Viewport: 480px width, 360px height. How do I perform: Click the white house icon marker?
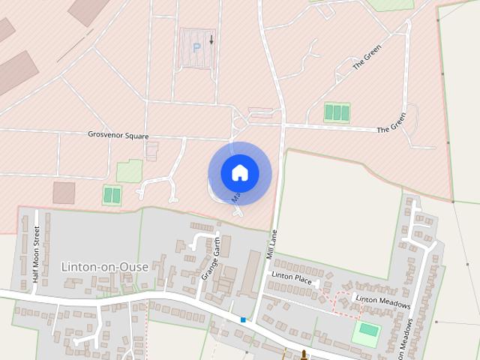click(x=239, y=172)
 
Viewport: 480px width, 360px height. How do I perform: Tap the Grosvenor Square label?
click(x=118, y=136)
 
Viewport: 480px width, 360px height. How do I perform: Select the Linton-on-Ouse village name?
click(x=105, y=266)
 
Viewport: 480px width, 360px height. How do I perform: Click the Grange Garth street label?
click(x=210, y=259)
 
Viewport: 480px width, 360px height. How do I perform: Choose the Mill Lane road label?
click(x=271, y=244)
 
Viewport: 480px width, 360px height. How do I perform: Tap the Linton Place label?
click(x=292, y=277)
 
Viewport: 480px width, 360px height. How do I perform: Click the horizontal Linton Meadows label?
click(x=383, y=302)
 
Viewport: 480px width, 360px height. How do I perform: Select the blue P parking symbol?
click(x=197, y=46)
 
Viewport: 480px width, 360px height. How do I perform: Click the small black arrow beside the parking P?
click(x=211, y=39)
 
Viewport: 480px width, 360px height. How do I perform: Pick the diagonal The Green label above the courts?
click(x=367, y=58)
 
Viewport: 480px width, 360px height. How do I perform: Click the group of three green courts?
click(x=337, y=112)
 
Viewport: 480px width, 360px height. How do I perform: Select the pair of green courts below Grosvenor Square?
click(x=112, y=195)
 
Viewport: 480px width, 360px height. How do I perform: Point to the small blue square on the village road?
click(x=243, y=320)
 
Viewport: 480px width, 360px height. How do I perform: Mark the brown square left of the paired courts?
click(x=64, y=193)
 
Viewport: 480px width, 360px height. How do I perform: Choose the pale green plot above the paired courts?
click(x=129, y=171)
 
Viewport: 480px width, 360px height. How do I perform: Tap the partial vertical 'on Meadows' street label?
click(x=409, y=337)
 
